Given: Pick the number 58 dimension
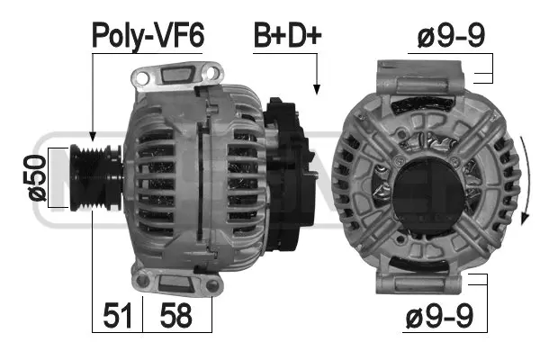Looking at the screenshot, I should pyautogui.click(x=175, y=315).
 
